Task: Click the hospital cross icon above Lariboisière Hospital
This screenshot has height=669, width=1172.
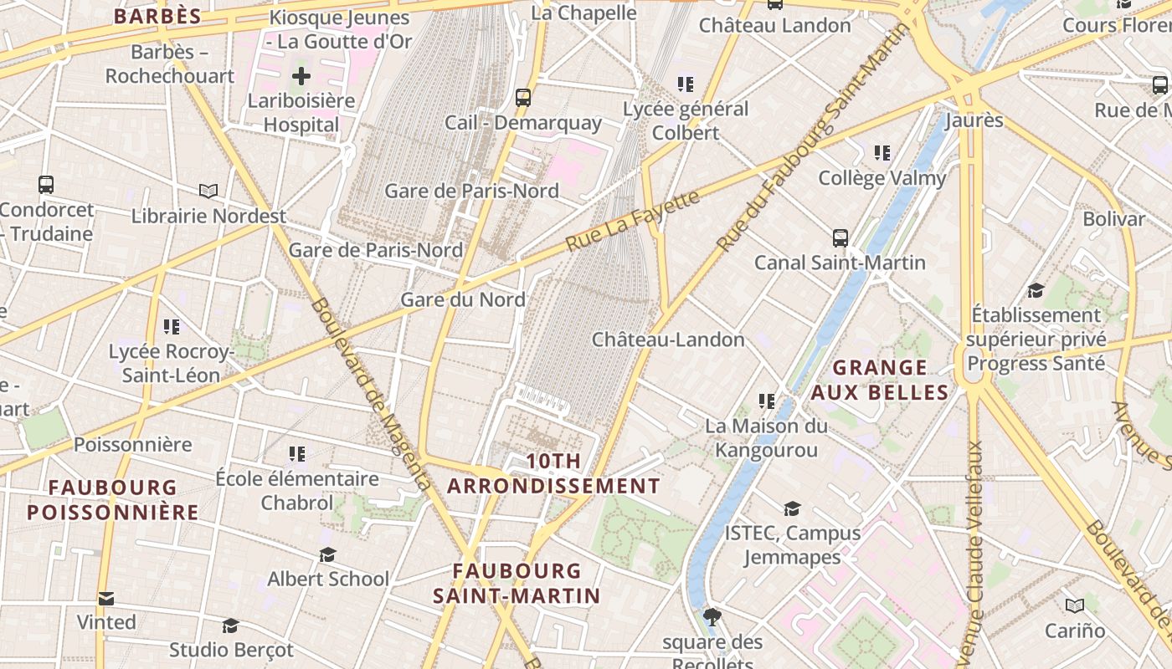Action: tap(301, 77)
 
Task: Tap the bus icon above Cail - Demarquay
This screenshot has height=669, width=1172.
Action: tap(523, 98)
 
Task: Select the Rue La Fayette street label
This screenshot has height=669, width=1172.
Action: tap(632, 222)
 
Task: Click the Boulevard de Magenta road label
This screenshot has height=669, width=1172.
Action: tap(371, 394)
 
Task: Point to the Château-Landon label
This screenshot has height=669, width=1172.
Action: tap(668, 340)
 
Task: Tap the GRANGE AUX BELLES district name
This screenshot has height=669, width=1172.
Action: tap(880, 380)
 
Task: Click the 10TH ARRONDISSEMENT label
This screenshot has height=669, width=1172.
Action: tap(553, 473)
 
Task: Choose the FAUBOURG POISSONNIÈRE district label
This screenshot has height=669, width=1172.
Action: tap(112, 499)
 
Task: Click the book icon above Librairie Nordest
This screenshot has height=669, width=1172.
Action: tap(208, 191)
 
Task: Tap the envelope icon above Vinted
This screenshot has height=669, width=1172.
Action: tap(106, 599)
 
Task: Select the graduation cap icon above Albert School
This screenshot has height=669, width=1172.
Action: tap(327, 554)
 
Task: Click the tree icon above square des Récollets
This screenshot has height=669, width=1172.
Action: tap(712, 618)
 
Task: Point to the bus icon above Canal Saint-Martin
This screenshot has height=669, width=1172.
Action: tap(840, 238)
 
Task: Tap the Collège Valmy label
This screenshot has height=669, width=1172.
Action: tap(882, 178)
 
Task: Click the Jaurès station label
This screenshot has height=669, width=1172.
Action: tap(974, 120)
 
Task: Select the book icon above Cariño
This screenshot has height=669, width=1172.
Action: tap(1075, 605)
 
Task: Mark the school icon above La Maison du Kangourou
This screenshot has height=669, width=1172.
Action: tap(766, 401)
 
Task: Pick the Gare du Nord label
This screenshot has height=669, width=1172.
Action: tap(463, 299)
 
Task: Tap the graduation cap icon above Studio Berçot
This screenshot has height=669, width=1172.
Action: tap(230, 626)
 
